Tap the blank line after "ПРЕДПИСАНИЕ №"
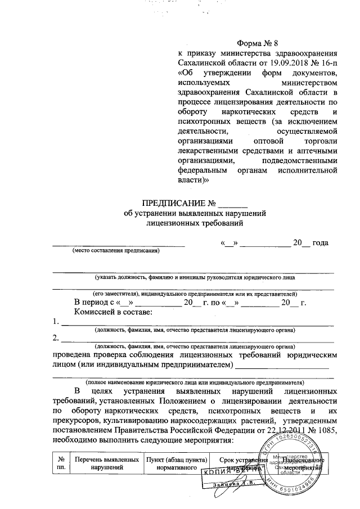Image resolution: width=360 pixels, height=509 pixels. click(x=232, y=204)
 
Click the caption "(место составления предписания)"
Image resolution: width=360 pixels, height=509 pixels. click(x=115, y=251)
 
